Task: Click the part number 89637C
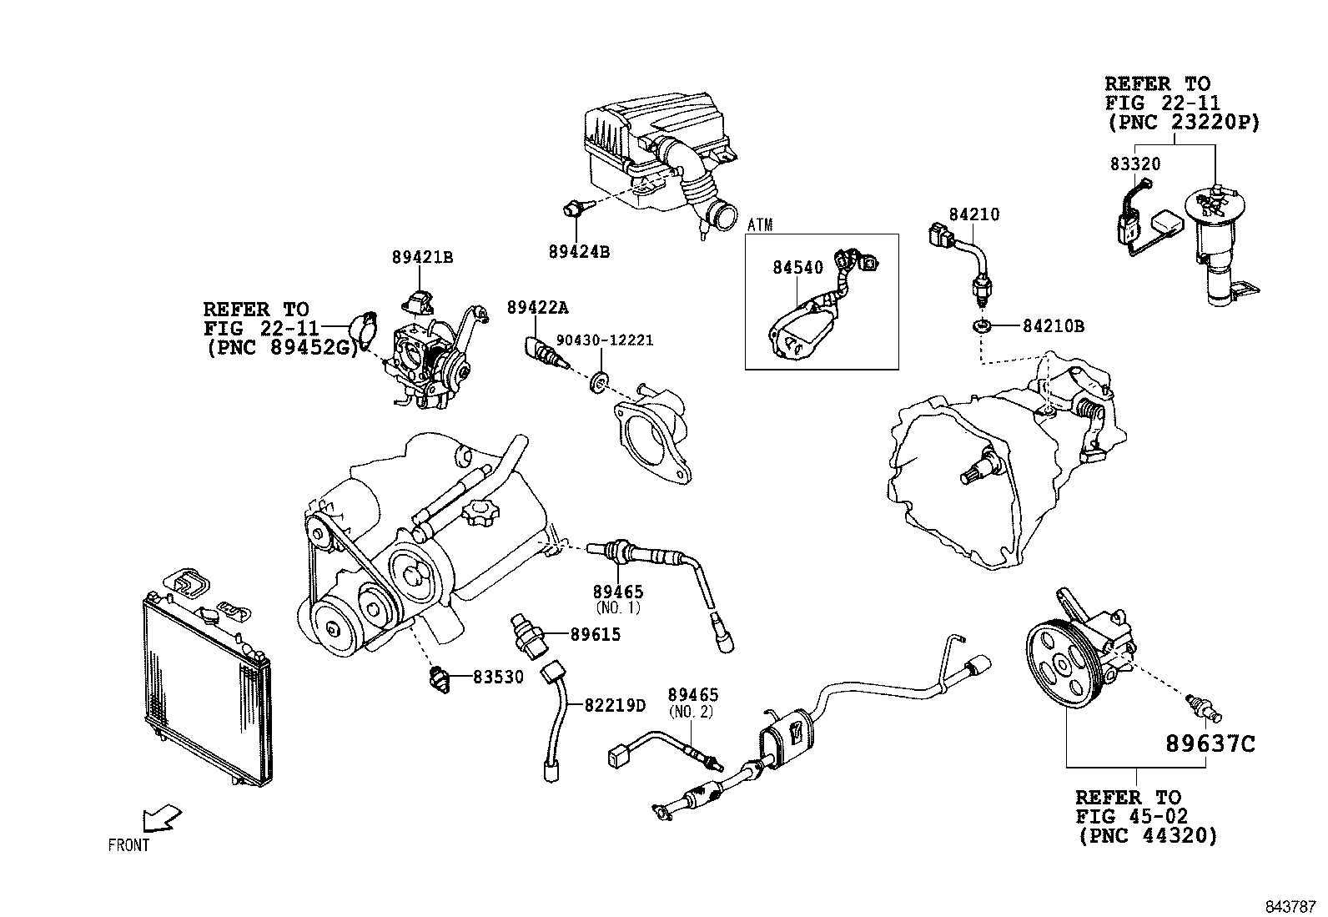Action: point(1210,743)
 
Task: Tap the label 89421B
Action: point(422,258)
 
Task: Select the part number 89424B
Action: point(579,250)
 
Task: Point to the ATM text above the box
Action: point(760,224)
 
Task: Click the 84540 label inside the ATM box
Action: point(797,268)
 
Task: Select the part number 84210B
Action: point(1054,326)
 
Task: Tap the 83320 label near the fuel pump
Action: point(1134,164)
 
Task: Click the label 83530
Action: point(499,678)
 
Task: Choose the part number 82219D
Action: point(615,705)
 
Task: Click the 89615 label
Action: point(596,634)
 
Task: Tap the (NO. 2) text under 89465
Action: point(692,712)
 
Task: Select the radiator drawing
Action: point(207,684)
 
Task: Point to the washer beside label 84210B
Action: point(983,325)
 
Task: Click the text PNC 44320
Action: point(1147,834)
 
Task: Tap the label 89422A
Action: point(537,307)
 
